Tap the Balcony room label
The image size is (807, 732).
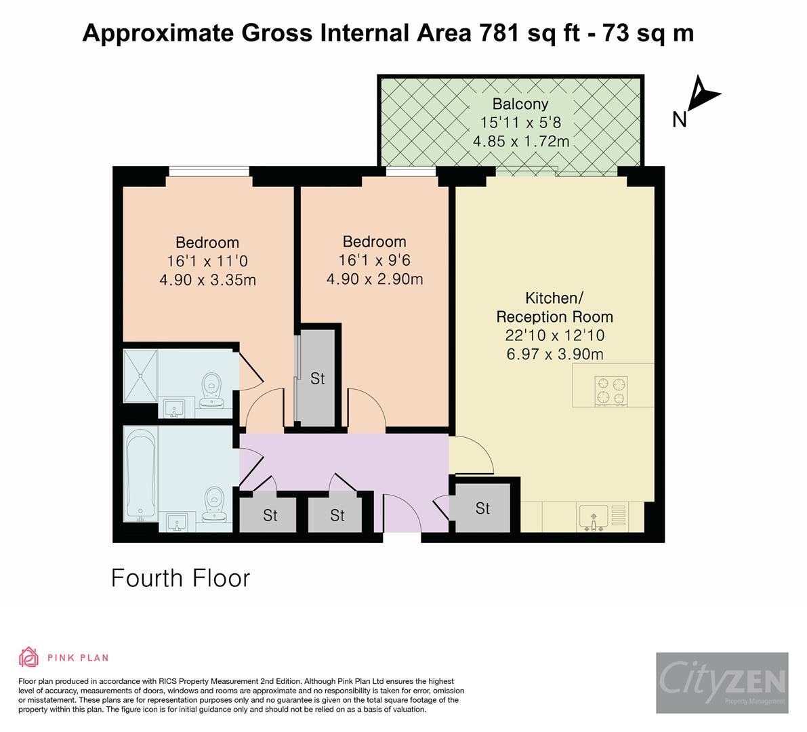coord(520,104)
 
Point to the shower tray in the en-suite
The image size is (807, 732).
coord(140,374)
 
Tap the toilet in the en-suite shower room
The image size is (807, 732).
coord(212,390)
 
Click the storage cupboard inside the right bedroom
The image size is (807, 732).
coord(317,378)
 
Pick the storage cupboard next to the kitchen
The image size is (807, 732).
coord(482,508)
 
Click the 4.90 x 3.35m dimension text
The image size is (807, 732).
coord(207,279)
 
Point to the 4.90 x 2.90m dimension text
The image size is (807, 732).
coord(374,279)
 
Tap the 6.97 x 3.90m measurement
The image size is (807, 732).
coord(554,353)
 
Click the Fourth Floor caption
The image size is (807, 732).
coord(180,578)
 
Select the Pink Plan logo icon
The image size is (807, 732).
coord(29,657)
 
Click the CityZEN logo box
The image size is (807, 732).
coord(722,683)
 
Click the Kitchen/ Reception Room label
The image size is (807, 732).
coord(554,307)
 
